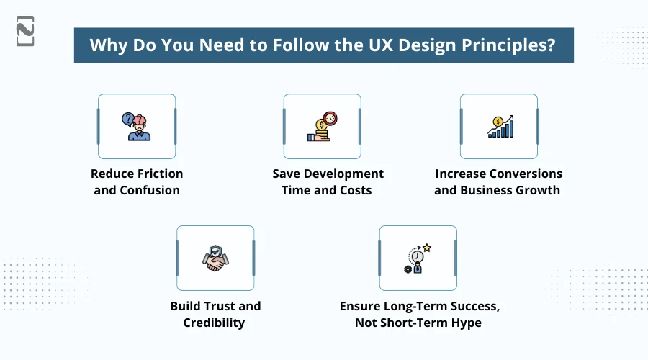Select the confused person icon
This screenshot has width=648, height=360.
(x=137, y=126)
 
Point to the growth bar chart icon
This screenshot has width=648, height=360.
(x=499, y=126)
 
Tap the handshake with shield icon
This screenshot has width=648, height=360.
(x=215, y=258)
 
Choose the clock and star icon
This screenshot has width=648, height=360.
(x=418, y=258)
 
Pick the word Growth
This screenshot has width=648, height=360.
(x=535, y=190)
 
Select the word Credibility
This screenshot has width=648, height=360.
(x=215, y=323)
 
